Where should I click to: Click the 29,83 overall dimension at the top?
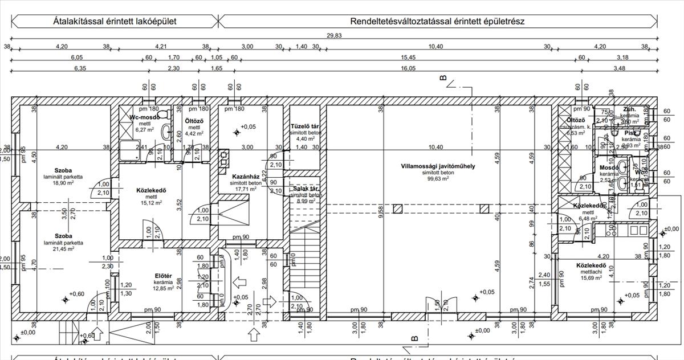(341, 35)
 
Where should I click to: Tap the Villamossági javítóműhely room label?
(438, 166)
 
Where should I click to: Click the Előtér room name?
(164, 277)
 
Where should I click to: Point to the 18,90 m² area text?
(64, 183)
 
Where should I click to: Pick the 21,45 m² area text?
(64, 249)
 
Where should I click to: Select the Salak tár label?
(305, 189)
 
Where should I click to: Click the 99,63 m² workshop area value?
(438, 178)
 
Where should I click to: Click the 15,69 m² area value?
(592, 278)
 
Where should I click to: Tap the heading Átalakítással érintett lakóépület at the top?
(115, 21)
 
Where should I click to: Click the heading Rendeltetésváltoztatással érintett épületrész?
(437, 21)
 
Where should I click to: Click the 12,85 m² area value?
(164, 289)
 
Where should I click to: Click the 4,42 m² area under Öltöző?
(195, 134)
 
